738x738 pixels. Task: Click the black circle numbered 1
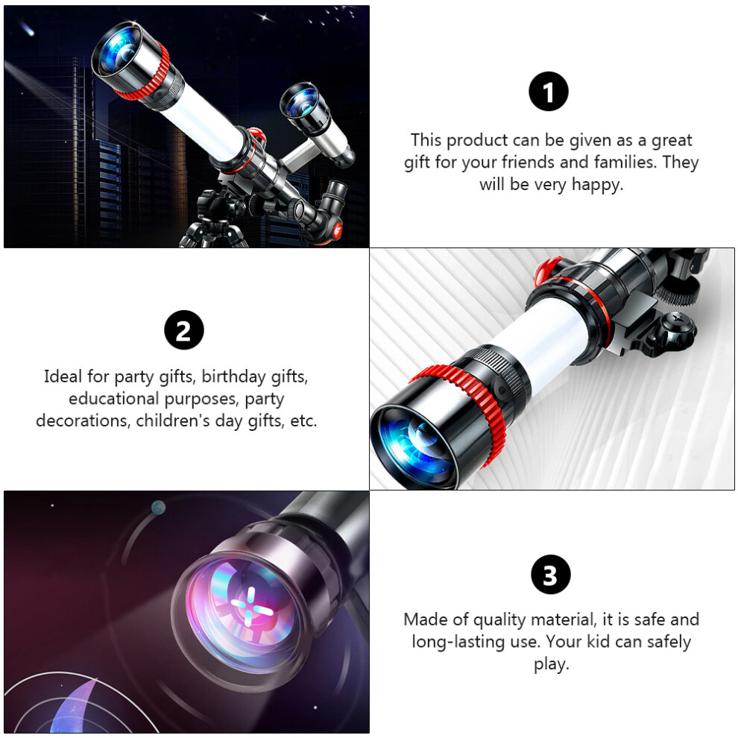pyautogui.click(x=549, y=91)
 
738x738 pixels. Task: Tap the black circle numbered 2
pyautogui.click(x=184, y=330)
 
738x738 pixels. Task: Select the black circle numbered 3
pyautogui.click(x=551, y=575)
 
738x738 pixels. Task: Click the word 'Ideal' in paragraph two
pyautogui.click(x=63, y=376)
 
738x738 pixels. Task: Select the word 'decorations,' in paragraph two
pyautogui.click(x=83, y=420)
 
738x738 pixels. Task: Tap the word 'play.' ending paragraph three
pyautogui.click(x=551, y=664)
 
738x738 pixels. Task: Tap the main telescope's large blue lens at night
pyautogui.click(x=118, y=49)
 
